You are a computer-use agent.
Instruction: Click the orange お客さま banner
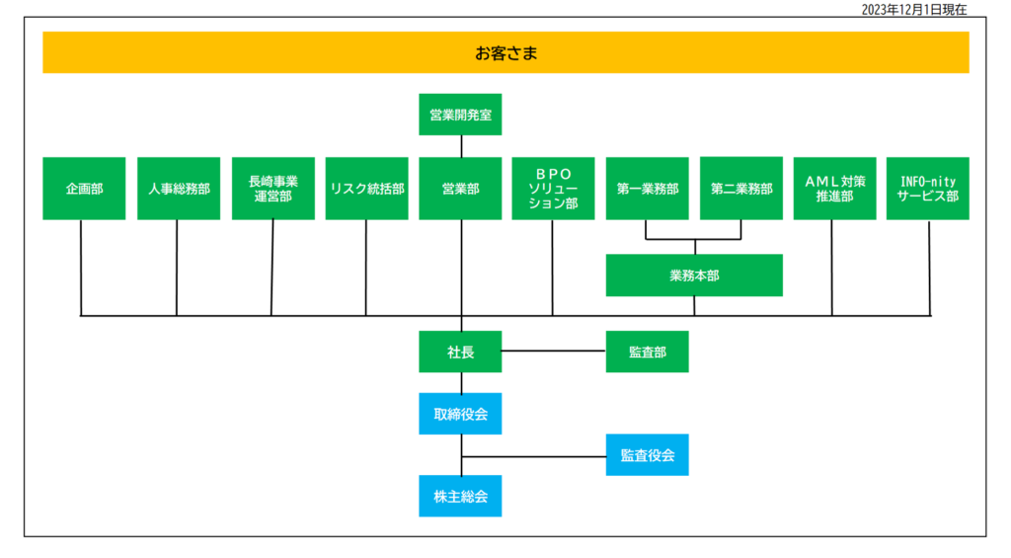click(x=505, y=52)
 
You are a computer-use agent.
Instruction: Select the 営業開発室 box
click(x=460, y=115)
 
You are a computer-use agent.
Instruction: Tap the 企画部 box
click(x=84, y=189)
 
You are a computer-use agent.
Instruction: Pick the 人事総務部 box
click(x=179, y=189)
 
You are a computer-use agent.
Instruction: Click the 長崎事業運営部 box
click(x=273, y=189)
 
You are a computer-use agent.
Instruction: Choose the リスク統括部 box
click(x=367, y=189)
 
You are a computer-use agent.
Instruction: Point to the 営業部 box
click(x=460, y=189)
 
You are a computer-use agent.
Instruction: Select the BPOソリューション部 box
click(x=553, y=189)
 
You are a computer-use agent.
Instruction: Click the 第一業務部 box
click(x=647, y=189)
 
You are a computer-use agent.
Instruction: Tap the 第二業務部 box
click(x=740, y=189)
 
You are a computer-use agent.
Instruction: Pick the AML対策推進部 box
click(x=834, y=189)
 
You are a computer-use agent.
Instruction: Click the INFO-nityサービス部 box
click(x=927, y=189)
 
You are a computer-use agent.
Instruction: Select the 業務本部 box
click(x=694, y=276)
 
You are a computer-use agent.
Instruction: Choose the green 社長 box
click(x=460, y=352)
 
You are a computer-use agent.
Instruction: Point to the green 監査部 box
click(x=647, y=352)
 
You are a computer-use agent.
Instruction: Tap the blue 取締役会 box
click(x=460, y=414)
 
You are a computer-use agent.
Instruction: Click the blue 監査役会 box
click(x=647, y=454)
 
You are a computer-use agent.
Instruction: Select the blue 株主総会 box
click(x=460, y=496)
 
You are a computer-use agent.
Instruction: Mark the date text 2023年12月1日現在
click(x=913, y=9)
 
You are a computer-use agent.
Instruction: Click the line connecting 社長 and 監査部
click(x=553, y=351)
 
